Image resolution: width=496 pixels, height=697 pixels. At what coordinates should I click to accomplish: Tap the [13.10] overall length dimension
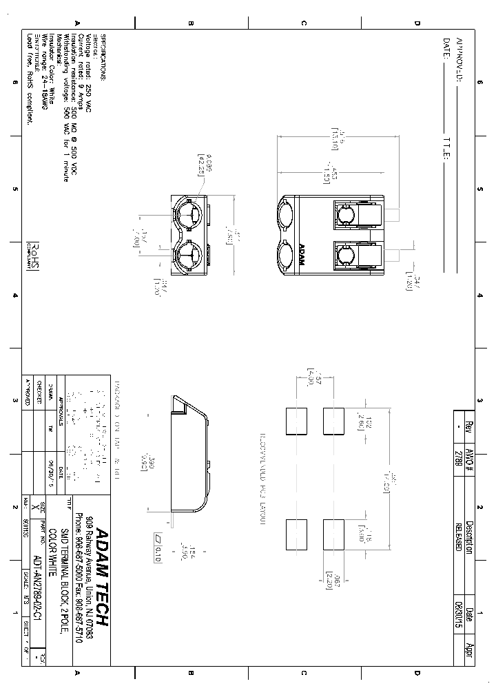click(x=335, y=138)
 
